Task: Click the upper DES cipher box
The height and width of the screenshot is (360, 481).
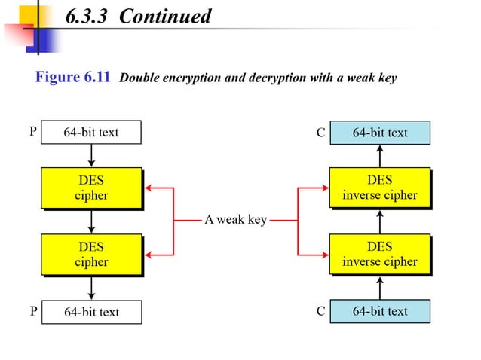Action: pyautogui.click(x=91, y=188)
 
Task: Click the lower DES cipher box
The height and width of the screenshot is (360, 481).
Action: pyautogui.click(x=91, y=255)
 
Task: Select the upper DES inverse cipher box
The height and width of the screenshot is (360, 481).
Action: pyautogui.click(x=379, y=188)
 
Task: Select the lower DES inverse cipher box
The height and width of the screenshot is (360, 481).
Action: pyautogui.click(x=379, y=255)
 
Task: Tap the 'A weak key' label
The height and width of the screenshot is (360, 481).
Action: pyautogui.click(x=235, y=221)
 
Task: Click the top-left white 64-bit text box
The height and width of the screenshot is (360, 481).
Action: pyautogui.click(x=91, y=133)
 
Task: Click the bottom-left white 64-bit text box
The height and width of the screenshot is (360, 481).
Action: pyautogui.click(x=91, y=312)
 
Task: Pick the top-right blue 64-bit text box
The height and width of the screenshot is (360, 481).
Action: pyautogui.click(x=379, y=133)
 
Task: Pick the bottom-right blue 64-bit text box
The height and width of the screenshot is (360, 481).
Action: pyautogui.click(x=379, y=311)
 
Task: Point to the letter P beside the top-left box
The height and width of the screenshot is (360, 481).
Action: pyautogui.click(x=32, y=132)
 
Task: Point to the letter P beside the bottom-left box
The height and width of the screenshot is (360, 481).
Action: pyautogui.click(x=32, y=310)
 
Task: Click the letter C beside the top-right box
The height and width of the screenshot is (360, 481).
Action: pyautogui.click(x=320, y=133)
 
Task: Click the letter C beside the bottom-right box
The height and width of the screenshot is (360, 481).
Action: pyautogui.click(x=320, y=310)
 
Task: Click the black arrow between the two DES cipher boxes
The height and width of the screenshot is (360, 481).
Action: pyautogui.click(x=91, y=221)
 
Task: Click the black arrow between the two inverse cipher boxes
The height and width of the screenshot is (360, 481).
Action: pyautogui.click(x=379, y=221)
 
